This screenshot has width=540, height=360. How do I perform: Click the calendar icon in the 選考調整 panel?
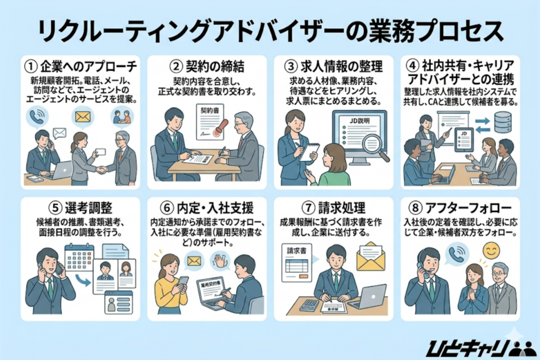tap(79, 258)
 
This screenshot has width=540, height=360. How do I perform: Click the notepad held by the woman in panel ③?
tap(308, 152)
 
